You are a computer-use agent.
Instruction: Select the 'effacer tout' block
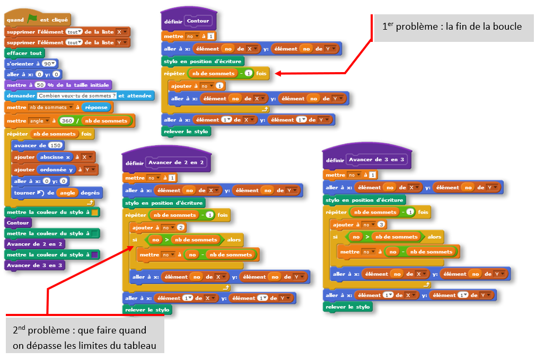pos(24,53)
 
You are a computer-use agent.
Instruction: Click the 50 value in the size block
pos(41,85)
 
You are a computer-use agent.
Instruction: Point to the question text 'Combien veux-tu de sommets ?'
pos(77,96)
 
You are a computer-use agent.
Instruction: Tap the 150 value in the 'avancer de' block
pos(55,145)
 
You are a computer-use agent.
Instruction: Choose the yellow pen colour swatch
pos(94,213)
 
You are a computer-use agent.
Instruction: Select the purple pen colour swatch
pos(94,255)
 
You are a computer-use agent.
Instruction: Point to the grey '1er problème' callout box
pos(452,27)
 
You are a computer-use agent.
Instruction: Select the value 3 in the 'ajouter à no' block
pos(382,225)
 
